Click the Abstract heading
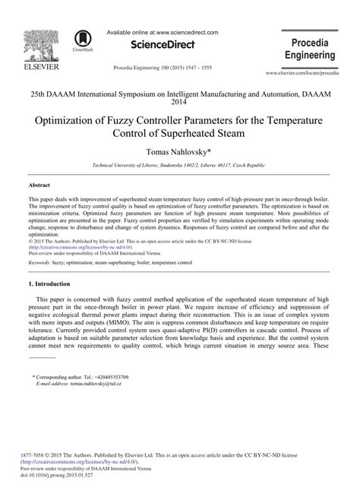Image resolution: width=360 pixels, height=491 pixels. click(39, 185)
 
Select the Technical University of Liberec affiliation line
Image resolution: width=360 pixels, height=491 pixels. click(178, 165)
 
